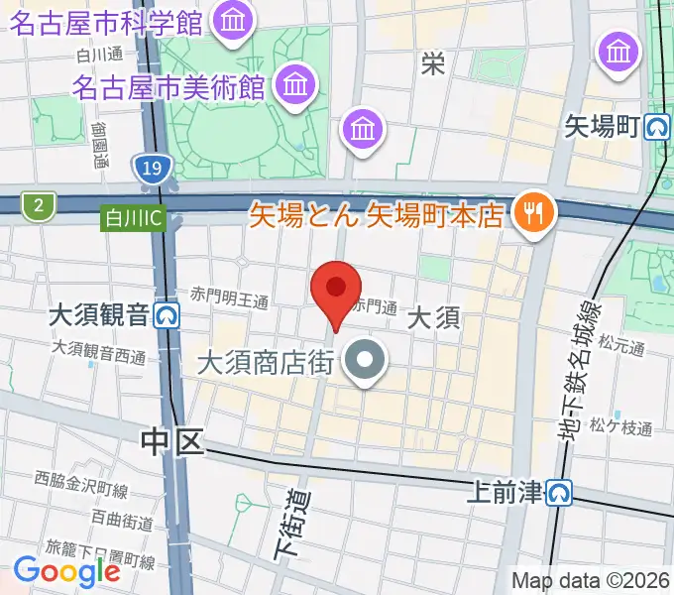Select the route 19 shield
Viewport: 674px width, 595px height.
(151, 170)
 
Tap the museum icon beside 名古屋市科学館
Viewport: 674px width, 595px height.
(235, 19)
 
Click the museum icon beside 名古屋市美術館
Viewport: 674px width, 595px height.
(293, 84)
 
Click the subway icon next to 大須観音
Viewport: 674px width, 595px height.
(166, 316)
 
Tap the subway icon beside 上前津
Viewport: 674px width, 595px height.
(561, 491)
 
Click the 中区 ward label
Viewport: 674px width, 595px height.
(171, 441)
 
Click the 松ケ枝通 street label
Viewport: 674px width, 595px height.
(620, 428)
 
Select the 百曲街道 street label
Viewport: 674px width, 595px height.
(122, 519)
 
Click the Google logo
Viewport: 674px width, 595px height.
(66, 570)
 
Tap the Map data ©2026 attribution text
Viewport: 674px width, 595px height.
(589, 580)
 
